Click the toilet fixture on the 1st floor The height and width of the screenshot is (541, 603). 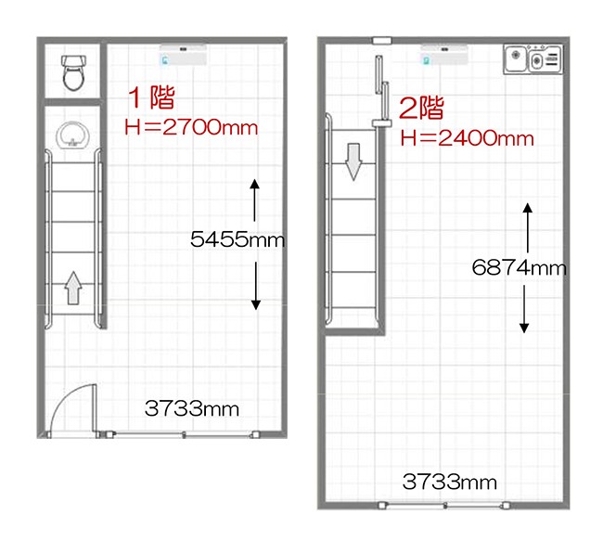pyautogui.click(x=73, y=72)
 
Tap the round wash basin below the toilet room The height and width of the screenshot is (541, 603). pyautogui.click(x=73, y=135)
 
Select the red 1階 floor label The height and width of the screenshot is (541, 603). pyautogui.click(x=151, y=97)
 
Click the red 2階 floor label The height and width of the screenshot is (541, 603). pyautogui.click(x=421, y=108)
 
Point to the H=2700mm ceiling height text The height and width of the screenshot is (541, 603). pyautogui.click(x=191, y=127)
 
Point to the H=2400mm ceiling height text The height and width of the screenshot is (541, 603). pyautogui.click(x=467, y=137)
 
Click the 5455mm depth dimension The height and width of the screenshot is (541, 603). pyautogui.click(x=237, y=239)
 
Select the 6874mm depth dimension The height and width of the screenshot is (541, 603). pyautogui.click(x=519, y=267)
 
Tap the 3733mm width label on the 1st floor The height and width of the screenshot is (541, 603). pyautogui.click(x=191, y=408)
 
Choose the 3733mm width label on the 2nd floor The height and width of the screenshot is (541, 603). pyautogui.click(x=449, y=482)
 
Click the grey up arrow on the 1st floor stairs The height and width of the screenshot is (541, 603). pyautogui.click(x=73, y=288)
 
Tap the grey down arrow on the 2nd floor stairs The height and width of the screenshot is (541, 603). pyautogui.click(x=353, y=162)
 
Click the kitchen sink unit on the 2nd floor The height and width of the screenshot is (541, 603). pyautogui.click(x=532, y=59)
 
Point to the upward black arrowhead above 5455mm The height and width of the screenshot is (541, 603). pyautogui.click(x=254, y=184)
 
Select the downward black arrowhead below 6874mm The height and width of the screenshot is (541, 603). pyautogui.click(x=524, y=328)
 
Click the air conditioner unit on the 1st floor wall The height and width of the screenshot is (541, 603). pyautogui.click(x=183, y=54)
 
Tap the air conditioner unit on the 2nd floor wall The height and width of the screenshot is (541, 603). pyautogui.click(x=444, y=54)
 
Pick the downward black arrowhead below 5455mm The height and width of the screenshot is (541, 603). pyautogui.click(x=256, y=304)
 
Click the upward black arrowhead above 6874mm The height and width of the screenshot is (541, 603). pyautogui.click(x=528, y=208)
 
